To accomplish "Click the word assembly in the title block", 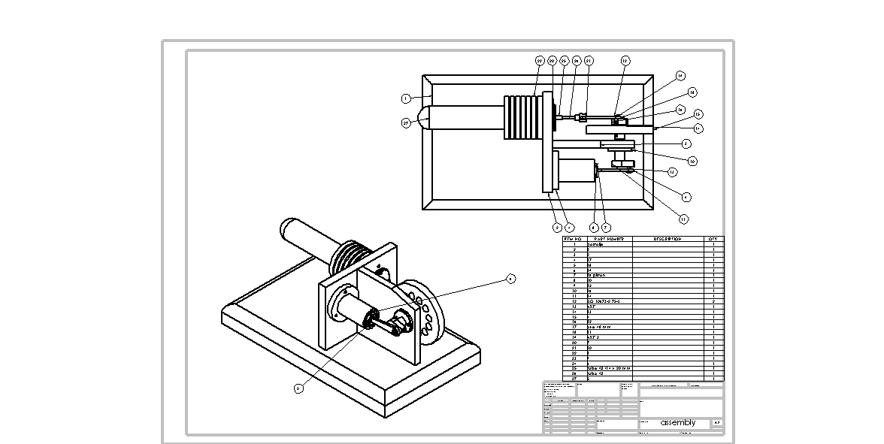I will click(678, 423).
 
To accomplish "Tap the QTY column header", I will click(713, 239).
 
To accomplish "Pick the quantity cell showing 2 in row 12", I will click(713, 301).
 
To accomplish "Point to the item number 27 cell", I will click(574, 379).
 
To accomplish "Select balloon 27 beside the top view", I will click(406, 122).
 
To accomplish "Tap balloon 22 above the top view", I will click(540, 60).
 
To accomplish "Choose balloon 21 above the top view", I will click(589, 60).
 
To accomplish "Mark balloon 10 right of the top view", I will click(692, 161).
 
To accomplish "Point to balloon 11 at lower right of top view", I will click(683, 219).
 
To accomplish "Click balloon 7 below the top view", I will click(606, 227).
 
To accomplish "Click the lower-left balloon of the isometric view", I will click(298, 388).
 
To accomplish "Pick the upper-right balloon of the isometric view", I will click(510, 279).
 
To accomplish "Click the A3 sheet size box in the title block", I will click(717, 423).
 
